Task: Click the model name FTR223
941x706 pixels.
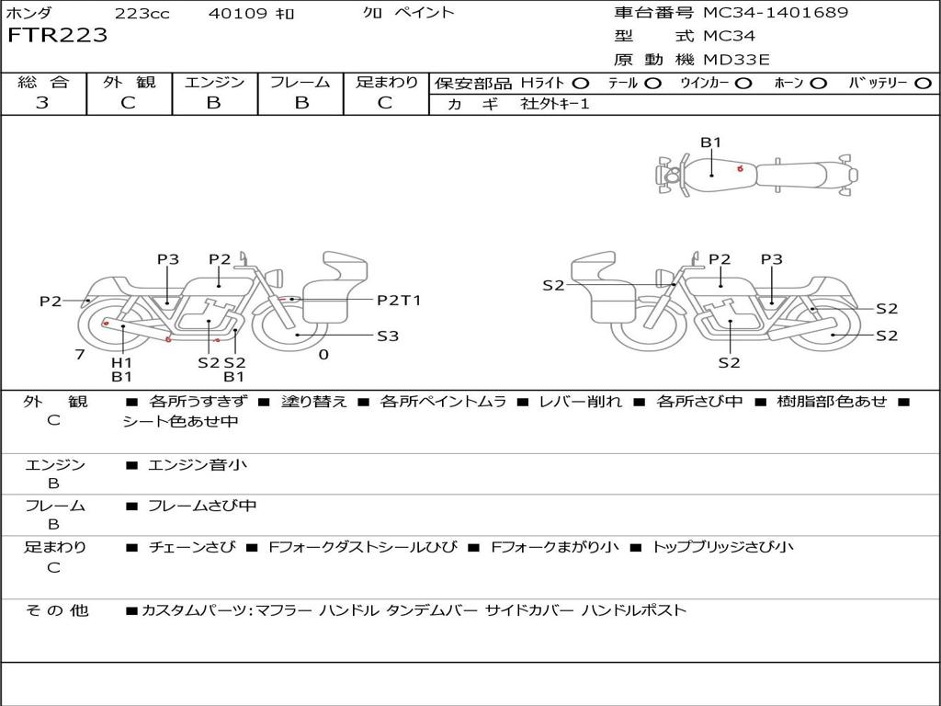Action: click(x=58, y=35)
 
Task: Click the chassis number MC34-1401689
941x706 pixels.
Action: click(x=776, y=12)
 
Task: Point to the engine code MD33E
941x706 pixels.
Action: click(x=736, y=60)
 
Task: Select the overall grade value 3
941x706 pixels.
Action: click(x=42, y=102)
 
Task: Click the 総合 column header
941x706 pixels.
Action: click(x=43, y=82)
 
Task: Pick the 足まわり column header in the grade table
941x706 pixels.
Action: click(x=387, y=82)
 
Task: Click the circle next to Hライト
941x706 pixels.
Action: click(x=581, y=84)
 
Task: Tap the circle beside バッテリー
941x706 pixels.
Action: click(x=923, y=84)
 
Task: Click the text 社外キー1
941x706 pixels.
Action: click(x=555, y=104)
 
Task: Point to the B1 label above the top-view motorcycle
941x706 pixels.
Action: click(x=711, y=142)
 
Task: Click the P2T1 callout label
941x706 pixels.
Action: click(x=399, y=301)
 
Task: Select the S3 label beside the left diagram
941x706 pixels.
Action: click(x=388, y=336)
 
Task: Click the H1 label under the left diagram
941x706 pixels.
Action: click(x=122, y=362)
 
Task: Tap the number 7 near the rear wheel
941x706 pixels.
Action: click(x=80, y=354)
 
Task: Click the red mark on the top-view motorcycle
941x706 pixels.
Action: click(x=740, y=169)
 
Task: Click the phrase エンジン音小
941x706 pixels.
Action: click(x=198, y=464)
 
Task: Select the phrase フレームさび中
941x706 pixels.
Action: click(x=202, y=507)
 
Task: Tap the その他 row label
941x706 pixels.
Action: click(x=56, y=610)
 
